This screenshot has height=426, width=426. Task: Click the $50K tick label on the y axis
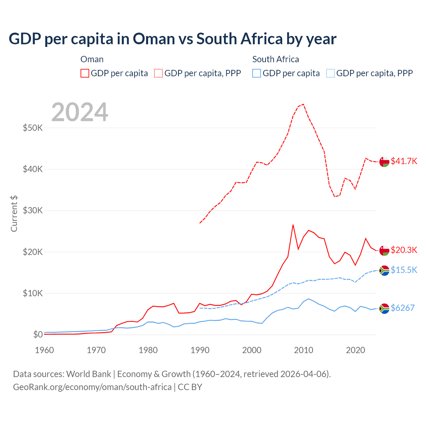coord(33,128)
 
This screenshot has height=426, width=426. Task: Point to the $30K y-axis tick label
coord(33,210)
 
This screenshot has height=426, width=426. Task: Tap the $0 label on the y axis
coord(38,334)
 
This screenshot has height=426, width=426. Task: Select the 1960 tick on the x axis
coord(44,350)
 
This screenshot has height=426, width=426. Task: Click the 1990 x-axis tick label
coord(200,350)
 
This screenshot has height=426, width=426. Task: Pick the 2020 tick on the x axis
coord(355,350)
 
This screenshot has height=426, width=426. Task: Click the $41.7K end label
coord(404,161)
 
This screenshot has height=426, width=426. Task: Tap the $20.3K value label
coord(404,250)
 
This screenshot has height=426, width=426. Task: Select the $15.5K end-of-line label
coord(404,270)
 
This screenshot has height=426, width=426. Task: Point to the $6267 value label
coord(402,308)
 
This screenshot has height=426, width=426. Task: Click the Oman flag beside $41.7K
coord(384,161)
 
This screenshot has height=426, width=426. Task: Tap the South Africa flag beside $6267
coord(384,309)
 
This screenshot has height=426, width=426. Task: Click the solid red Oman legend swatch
coord(85,73)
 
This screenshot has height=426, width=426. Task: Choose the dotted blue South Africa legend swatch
coord(330,73)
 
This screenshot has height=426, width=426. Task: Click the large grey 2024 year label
coord(80,112)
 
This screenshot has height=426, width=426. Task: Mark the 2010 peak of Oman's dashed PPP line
coord(303,104)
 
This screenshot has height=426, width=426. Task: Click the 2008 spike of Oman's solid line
coord(293,225)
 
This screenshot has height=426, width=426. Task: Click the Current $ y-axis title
coord(14,214)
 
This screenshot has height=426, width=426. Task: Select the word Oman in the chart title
coord(154,39)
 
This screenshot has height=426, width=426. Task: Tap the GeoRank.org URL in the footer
coord(92,387)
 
